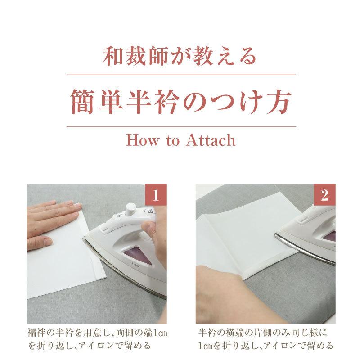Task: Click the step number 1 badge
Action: click(x=156, y=194)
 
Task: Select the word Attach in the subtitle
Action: click(x=210, y=140)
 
